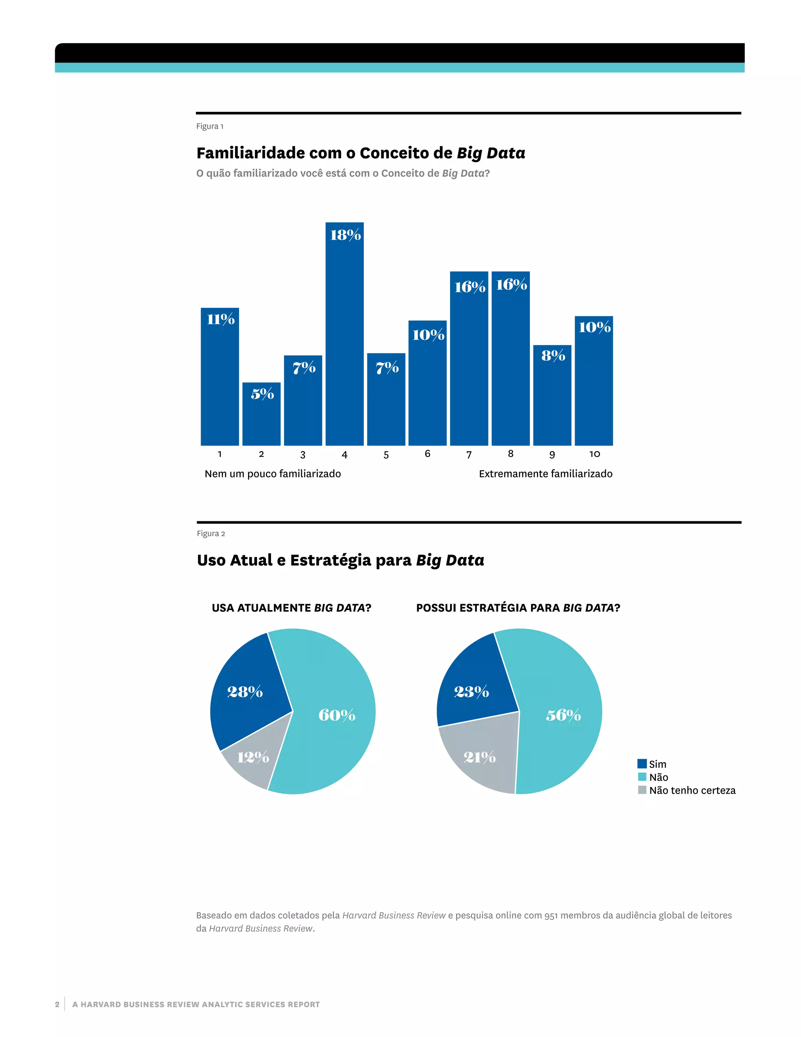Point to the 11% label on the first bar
click(220, 319)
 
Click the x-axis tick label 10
click(594, 454)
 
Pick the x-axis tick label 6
click(427, 454)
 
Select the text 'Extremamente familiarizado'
click(545, 473)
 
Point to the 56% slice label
click(563, 715)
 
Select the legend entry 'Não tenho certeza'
click(692, 790)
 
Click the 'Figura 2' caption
click(211, 533)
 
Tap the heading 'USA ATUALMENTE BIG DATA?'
click(291, 608)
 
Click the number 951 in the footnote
click(551, 915)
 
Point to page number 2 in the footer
click(57, 1004)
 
